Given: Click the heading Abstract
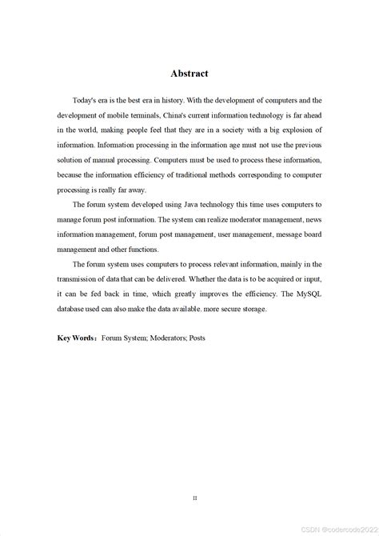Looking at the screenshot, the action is click(189, 74).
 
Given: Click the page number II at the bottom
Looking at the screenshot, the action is click(194, 475).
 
